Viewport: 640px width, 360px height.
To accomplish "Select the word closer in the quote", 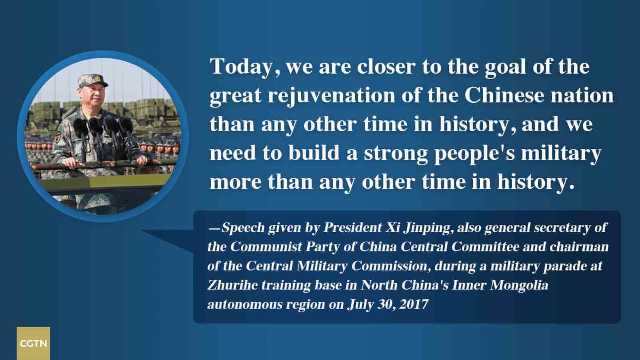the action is click(386, 66).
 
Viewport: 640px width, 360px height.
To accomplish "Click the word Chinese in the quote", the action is click(504, 95).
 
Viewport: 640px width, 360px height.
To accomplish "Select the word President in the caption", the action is click(352, 228).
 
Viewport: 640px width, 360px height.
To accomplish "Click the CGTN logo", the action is click(33, 343).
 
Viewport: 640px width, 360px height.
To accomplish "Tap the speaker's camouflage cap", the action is click(92, 80).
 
